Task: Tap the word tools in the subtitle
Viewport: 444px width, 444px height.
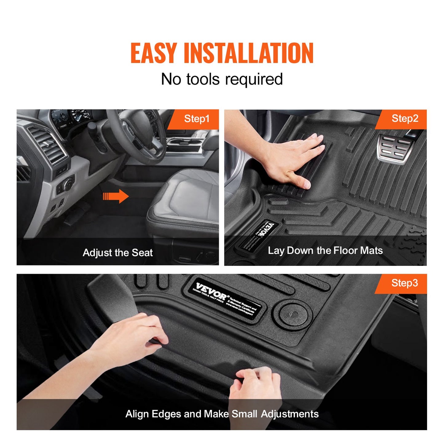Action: pyautogui.click(x=203, y=79)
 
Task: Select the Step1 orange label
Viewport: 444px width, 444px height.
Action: pyautogui.click(x=197, y=119)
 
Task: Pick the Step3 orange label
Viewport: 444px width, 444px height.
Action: pyautogui.click(x=404, y=283)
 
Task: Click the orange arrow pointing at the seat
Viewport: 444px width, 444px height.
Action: pyautogui.click(x=116, y=196)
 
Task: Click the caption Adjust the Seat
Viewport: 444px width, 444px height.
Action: pyautogui.click(x=118, y=253)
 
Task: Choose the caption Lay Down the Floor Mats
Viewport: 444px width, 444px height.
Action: pyautogui.click(x=325, y=250)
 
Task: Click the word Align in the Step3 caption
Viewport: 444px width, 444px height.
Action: pyautogui.click(x=137, y=414)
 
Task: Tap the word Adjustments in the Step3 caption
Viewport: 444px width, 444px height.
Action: pyautogui.click(x=290, y=414)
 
